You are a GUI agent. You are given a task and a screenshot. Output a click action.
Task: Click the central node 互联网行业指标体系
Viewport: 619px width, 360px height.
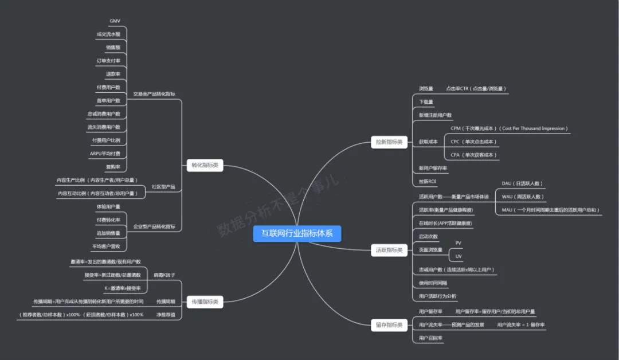[x=297, y=233]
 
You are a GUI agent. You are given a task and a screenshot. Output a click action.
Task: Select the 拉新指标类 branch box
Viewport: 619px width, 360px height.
[x=389, y=142]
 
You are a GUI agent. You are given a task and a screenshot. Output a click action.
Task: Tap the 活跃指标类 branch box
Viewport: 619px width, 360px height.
[x=389, y=250]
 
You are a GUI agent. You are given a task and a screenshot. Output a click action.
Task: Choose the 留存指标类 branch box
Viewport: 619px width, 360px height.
[x=389, y=325]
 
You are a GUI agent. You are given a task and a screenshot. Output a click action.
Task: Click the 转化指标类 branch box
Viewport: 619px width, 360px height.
[x=205, y=166]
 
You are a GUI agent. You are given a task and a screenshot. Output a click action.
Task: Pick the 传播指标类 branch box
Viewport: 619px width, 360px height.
[x=205, y=302]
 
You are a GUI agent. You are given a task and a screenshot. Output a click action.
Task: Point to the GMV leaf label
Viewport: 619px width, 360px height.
[x=115, y=21]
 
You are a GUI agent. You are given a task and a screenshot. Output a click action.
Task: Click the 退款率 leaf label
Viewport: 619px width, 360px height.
[x=113, y=74]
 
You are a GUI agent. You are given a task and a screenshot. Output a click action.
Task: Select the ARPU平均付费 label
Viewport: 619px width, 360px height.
[x=105, y=154]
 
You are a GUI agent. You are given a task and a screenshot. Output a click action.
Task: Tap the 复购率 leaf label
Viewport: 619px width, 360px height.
[x=113, y=167]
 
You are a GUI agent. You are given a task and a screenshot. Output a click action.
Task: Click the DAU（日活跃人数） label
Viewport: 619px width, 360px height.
[x=522, y=183]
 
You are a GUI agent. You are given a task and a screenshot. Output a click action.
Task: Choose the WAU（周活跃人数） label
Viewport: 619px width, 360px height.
[x=522, y=197]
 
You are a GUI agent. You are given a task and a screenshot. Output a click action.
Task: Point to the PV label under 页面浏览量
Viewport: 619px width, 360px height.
[x=458, y=243]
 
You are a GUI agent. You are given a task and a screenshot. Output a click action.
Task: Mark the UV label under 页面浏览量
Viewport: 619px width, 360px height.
[x=458, y=256]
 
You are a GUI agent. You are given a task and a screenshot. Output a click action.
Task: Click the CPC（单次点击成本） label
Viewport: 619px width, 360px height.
[x=473, y=142]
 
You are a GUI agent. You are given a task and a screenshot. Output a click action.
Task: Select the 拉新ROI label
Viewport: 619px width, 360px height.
[x=428, y=181]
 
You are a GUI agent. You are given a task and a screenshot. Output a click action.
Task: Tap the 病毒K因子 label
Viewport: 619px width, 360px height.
[x=164, y=275]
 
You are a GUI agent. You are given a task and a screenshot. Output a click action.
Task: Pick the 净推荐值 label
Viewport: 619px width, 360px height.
[x=166, y=315]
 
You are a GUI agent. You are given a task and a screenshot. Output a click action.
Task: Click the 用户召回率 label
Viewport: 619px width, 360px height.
[x=430, y=338]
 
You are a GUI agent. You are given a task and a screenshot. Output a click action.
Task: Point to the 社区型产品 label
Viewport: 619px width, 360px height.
[x=163, y=187]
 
